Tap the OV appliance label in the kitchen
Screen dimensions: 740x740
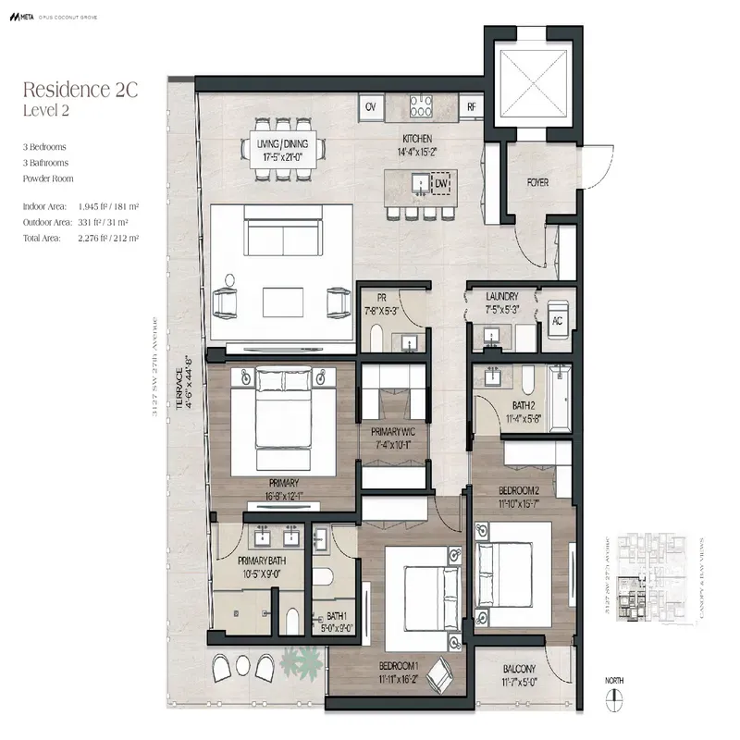click(371, 107)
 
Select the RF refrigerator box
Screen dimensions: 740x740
click(471, 107)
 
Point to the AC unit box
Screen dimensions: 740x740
click(557, 320)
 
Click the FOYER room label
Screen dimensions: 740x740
click(538, 183)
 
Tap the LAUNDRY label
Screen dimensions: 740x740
click(509, 296)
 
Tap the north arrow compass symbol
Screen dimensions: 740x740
click(614, 700)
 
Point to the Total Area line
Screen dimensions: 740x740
click(80, 238)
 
